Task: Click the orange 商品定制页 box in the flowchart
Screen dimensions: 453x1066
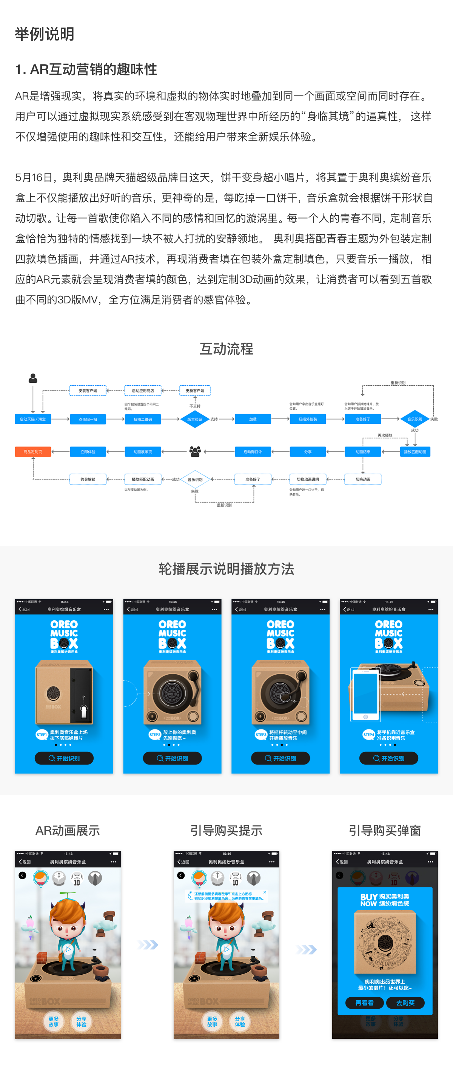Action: coord(33,451)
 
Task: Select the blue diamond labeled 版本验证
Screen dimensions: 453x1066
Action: coord(195,419)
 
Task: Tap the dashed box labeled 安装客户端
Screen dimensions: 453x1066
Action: coord(88,390)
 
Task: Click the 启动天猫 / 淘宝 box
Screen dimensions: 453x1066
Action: coord(33,419)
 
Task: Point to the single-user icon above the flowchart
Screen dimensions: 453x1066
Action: coord(33,378)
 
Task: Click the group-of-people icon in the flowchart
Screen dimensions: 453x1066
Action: coord(195,451)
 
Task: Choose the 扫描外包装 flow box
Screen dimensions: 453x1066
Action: coord(308,419)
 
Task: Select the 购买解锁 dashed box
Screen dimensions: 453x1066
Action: coord(88,479)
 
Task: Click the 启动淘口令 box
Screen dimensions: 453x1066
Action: coord(253,451)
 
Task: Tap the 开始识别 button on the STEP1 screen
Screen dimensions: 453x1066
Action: coord(64,758)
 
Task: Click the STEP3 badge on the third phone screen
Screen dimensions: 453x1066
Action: coord(261,735)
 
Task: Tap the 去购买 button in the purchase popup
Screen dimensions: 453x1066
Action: coord(405,1003)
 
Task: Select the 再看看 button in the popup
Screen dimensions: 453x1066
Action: coord(364,1003)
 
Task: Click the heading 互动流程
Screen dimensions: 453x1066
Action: coord(226,349)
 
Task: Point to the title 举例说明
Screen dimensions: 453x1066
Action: coord(45,34)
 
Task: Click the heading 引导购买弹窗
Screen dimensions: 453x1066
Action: coord(385,831)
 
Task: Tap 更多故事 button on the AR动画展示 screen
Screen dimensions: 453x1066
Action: coord(53,1021)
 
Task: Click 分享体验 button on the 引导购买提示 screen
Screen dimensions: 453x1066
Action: coord(240,1021)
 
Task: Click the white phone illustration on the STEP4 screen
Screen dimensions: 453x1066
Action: coord(365,694)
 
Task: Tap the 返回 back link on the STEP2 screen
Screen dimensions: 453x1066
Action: coord(132,609)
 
